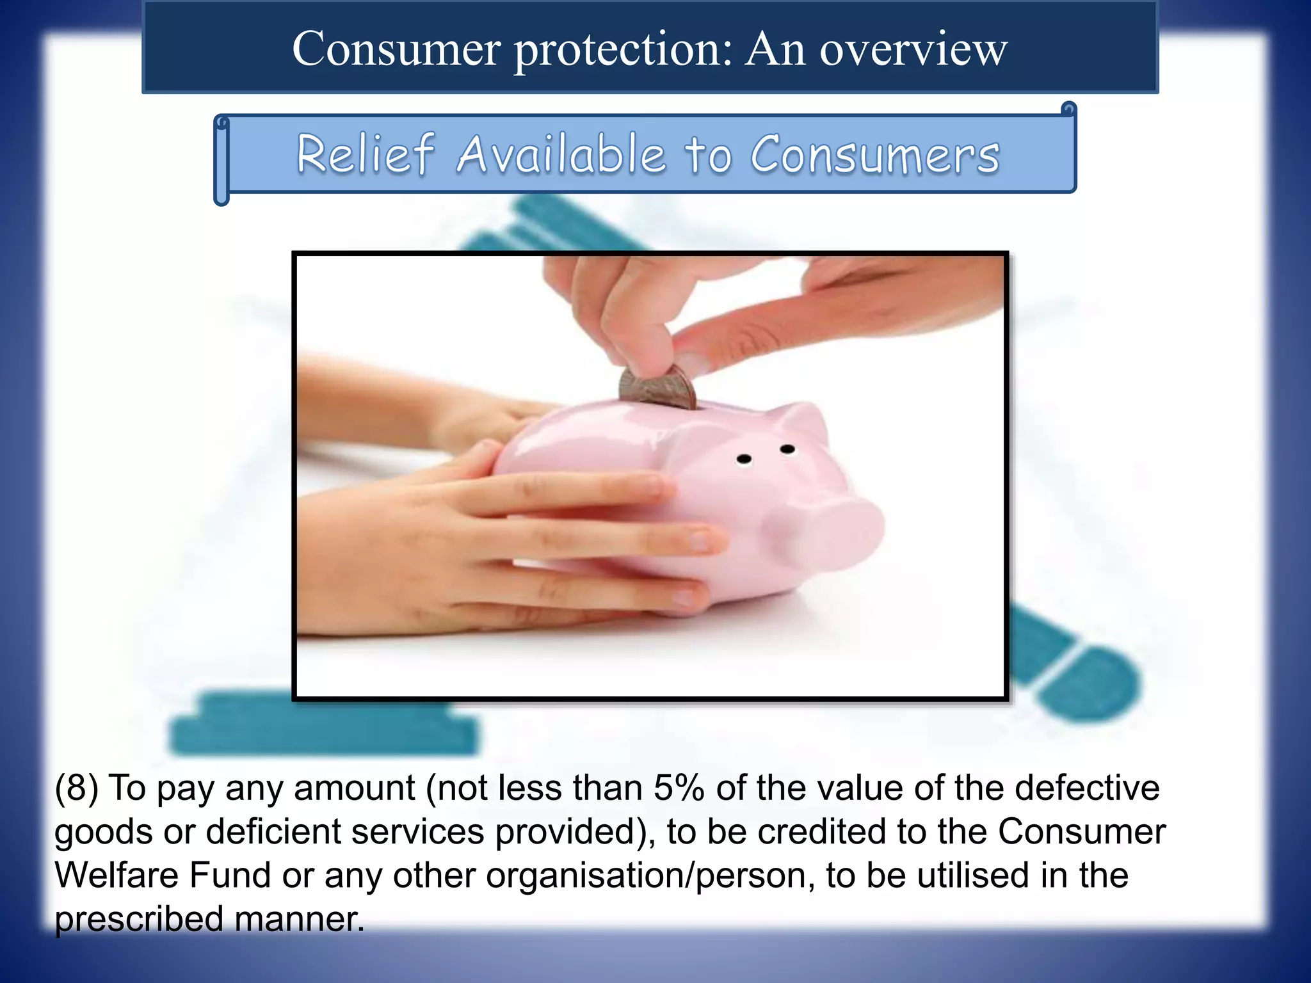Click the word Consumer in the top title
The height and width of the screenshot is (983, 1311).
(396, 49)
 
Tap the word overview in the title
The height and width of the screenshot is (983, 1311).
(913, 49)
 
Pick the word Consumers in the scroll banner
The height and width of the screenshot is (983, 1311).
(874, 155)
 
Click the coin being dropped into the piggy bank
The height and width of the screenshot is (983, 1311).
(657, 387)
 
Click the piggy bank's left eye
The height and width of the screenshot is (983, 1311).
(744, 459)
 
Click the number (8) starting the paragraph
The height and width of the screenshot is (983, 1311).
(77, 787)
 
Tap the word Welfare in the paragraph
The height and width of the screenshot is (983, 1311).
(116, 875)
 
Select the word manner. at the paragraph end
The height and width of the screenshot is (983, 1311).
(300, 919)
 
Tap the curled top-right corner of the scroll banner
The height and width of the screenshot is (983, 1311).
(1068, 109)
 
